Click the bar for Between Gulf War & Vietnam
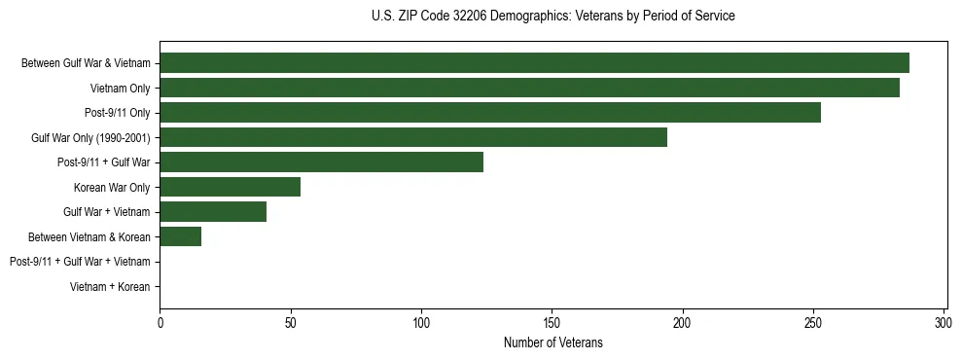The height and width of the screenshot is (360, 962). tap(534, 63)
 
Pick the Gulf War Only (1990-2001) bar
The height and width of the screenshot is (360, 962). tap(413, 137)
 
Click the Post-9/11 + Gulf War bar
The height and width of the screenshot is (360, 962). tap(321, 162)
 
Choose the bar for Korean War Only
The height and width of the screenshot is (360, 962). tap(230, 187)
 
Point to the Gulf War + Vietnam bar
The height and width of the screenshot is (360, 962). tap(213, 212)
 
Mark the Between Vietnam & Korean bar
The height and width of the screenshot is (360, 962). tap(180, 236)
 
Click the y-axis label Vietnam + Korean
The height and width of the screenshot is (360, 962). tap(110, 287)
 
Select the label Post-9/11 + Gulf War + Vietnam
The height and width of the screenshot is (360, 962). tap(80, 262)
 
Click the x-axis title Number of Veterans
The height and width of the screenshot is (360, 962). tap(552, 342)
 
